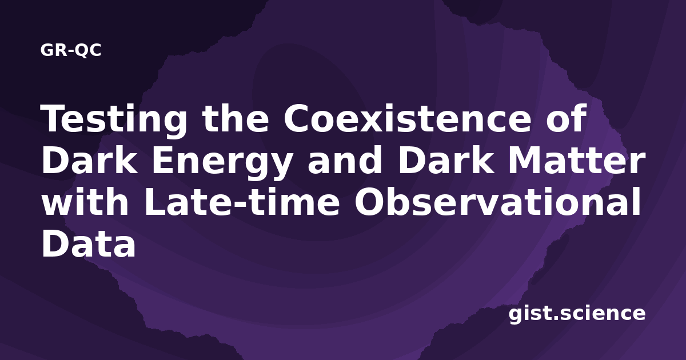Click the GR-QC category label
(71, 50)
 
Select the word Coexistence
(407, 118)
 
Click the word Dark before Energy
(89, 160)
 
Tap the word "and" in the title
(345, 159)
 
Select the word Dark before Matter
(446, 160)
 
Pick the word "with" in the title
(85, 201)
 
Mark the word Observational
(497, 201)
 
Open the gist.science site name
(577, 314)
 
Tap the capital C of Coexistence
(297, 118)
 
